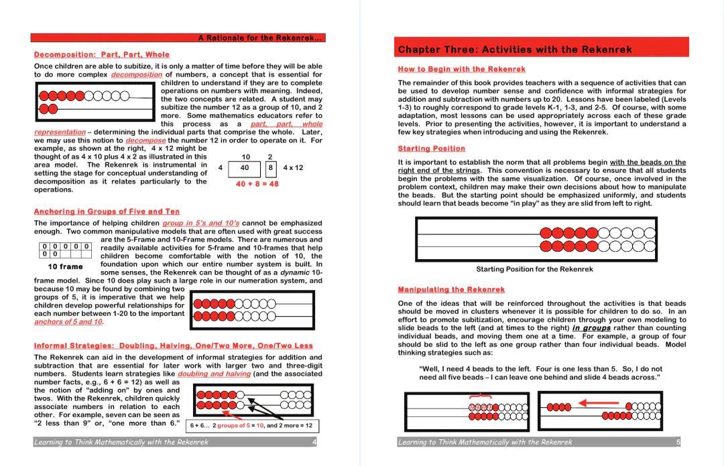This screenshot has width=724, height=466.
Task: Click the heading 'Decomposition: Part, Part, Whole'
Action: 102,55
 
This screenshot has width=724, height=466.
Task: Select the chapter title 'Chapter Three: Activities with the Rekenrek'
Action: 515,50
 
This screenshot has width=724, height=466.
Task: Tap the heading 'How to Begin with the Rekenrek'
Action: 461,70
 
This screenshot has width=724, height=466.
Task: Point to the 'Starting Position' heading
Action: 431,149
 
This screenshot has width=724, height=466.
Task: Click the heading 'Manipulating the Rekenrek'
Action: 451,290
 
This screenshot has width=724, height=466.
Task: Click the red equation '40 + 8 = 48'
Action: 257,184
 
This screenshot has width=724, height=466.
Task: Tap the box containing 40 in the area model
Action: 245,168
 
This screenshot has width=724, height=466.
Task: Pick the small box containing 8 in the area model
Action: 270,168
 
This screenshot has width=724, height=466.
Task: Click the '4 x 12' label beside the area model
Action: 293,168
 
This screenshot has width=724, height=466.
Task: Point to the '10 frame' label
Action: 65,266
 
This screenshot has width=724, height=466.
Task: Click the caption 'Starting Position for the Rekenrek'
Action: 534,269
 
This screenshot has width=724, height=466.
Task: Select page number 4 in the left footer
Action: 314,442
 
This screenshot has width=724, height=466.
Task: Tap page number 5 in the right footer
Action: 678,442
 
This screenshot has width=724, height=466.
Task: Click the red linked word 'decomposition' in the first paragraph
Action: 137,75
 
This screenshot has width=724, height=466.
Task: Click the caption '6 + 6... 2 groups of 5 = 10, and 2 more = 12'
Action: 251,425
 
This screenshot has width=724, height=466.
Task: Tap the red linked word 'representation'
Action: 60,133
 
